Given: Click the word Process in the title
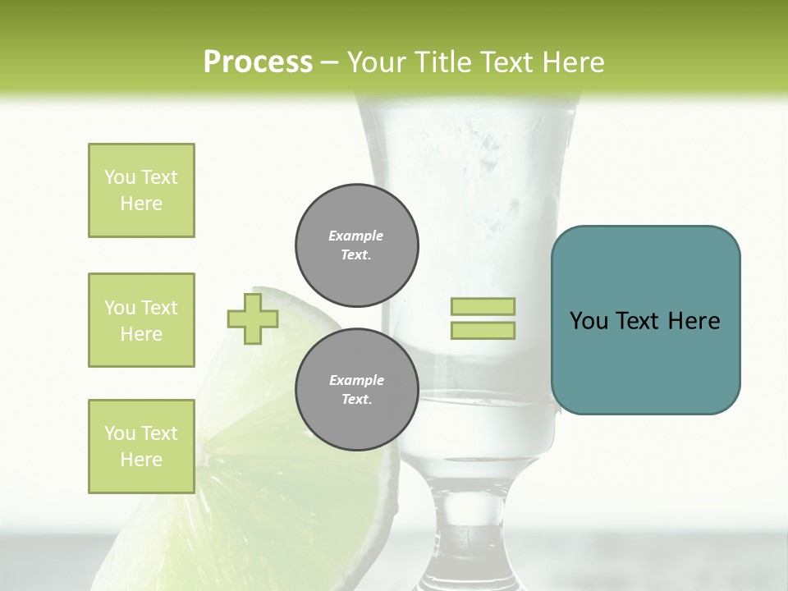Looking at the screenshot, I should click(258, 62).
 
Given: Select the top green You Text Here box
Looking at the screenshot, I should click(141, 190).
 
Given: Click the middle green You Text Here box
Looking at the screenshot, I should click(141, 320).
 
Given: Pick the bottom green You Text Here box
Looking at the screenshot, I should click(141, 447).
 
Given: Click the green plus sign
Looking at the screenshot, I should click(253, 319).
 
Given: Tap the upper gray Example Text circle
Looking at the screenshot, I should click(357, 245).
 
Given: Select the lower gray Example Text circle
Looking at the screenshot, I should click(357, 390).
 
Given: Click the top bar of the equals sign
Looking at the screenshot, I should click(483, 306).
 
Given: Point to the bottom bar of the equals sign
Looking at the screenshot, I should click(483, 331).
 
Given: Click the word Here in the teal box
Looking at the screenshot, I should click(694, 321).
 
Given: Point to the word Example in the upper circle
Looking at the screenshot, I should click(355, 236).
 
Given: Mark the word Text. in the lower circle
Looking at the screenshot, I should click(356, 400).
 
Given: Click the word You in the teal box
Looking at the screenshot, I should click(589, 321).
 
